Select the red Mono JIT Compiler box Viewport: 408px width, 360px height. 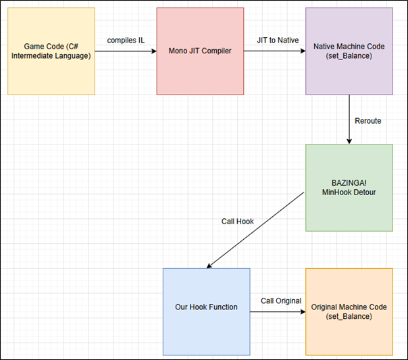200,51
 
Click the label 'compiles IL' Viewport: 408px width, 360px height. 126,41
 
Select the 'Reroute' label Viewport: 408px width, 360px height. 367,121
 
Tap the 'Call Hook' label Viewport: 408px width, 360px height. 237,222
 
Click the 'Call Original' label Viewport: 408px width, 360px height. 281,301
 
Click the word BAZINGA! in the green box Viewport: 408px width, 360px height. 349,182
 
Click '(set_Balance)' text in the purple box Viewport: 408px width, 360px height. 349,56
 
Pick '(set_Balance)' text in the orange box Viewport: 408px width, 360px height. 349,316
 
